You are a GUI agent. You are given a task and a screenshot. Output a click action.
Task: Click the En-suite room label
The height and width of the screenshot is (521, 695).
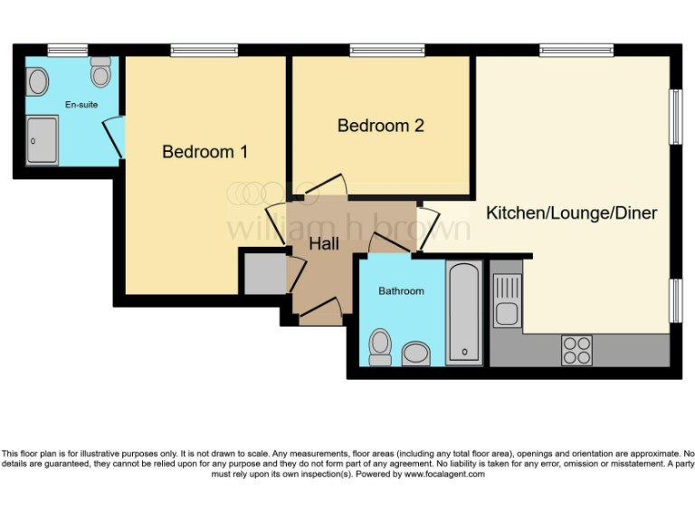(81, 105)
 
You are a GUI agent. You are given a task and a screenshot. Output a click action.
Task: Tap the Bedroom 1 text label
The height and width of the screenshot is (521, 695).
(205, 152)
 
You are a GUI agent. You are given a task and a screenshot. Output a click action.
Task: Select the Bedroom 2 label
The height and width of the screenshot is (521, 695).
(380, 126)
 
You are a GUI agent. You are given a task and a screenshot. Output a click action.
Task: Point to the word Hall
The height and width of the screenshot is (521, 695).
(324, 244)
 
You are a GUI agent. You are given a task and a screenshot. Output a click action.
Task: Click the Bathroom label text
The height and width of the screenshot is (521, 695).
(401, 291)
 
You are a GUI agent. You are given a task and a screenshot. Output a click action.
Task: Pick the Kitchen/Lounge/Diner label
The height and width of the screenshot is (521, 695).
(571, 213)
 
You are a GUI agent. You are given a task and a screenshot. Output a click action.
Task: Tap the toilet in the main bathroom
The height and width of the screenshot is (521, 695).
(380, 346)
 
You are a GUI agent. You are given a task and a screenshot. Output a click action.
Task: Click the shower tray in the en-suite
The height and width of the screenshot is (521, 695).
(42, 140)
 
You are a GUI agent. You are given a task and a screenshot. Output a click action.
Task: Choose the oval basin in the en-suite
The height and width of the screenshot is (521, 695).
(38, 82)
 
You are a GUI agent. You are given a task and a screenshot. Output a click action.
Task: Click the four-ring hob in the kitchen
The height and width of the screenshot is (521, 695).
(576, 347)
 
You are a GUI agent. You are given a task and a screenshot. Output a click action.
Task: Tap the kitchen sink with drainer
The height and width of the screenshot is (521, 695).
(507, 300)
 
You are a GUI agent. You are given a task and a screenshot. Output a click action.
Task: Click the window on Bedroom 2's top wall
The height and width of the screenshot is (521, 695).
(380, 50)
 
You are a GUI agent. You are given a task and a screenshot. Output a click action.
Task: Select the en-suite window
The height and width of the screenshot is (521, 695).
(67, 50)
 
